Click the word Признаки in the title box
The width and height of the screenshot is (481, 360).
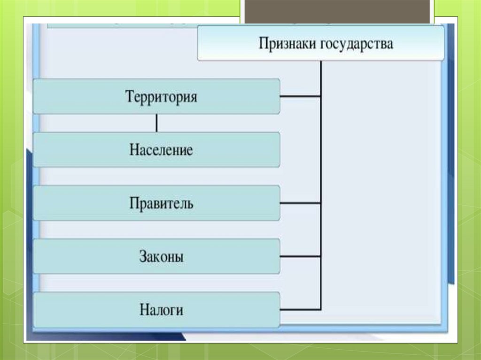coord(287,45)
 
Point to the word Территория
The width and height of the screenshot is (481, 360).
coord(161,97)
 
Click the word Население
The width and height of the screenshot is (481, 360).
coord(161,150)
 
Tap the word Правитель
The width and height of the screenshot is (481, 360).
coord(161,204)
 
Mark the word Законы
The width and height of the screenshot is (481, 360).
coord(161,257)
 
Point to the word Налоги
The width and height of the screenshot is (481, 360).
coord(161,310)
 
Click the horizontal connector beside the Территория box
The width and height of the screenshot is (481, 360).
coord(301,97)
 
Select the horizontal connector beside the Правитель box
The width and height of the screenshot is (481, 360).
coord(301,203)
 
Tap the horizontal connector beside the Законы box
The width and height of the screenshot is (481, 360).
coord(301,257)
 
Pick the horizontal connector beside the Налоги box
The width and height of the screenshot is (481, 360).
coord(301,310)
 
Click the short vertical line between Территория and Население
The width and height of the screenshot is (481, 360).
coord(156,123)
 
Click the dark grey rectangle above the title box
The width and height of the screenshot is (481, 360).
coord(337,11)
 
